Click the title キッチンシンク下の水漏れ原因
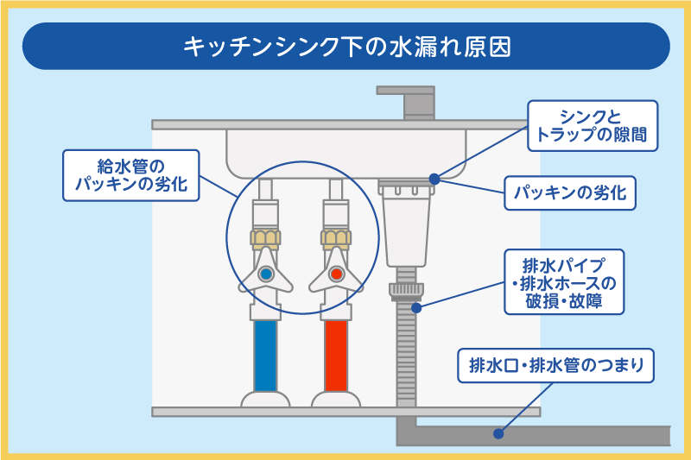pos(345,47)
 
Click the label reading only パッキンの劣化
pos(570,192)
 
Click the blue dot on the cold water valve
pos(266,274)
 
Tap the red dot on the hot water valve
pos(336,274)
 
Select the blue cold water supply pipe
pos(266,354)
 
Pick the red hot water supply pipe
pos(336,354)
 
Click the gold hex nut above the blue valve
pos(266,236)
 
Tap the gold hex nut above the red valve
pos(336,236)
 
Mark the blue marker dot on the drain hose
pos(416,306)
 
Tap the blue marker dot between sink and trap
pos(434,180)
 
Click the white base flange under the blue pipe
pos(266,400)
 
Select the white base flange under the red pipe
pos(336,400)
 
